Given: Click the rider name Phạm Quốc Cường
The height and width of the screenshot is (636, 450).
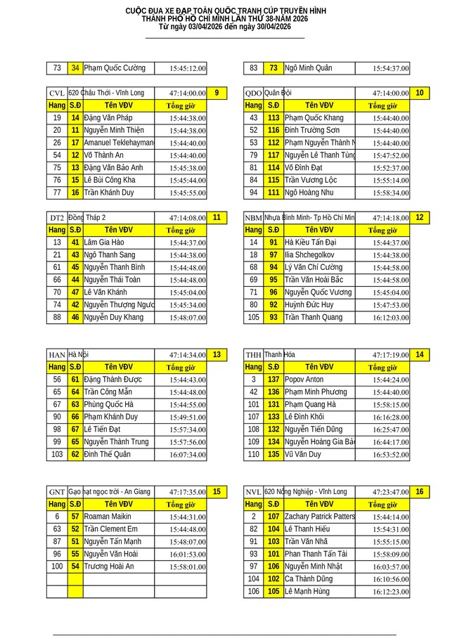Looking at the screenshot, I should (115, 68).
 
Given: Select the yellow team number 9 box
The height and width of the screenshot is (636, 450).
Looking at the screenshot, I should (217, 93).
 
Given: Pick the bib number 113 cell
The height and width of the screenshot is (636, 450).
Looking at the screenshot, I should (274, 117).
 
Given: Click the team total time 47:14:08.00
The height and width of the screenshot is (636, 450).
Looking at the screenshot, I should (187, 219).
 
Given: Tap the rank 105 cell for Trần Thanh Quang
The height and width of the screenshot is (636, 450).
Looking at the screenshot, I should (253, 318).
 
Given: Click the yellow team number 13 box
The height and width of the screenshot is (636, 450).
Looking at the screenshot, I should (217, 355).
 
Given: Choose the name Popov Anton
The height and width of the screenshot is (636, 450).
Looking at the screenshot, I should (304, 379).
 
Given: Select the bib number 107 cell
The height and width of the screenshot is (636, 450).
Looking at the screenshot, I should (274, 517).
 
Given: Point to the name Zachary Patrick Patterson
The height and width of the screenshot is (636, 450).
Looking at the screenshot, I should (320, 517).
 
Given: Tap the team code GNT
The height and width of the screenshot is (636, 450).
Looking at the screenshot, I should (56, 493).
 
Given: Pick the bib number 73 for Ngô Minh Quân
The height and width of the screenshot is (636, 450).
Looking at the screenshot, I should (274, 68).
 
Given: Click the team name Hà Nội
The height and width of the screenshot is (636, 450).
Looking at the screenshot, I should (78, 355).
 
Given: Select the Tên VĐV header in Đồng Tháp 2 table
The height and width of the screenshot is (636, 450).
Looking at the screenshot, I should (119, 230).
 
